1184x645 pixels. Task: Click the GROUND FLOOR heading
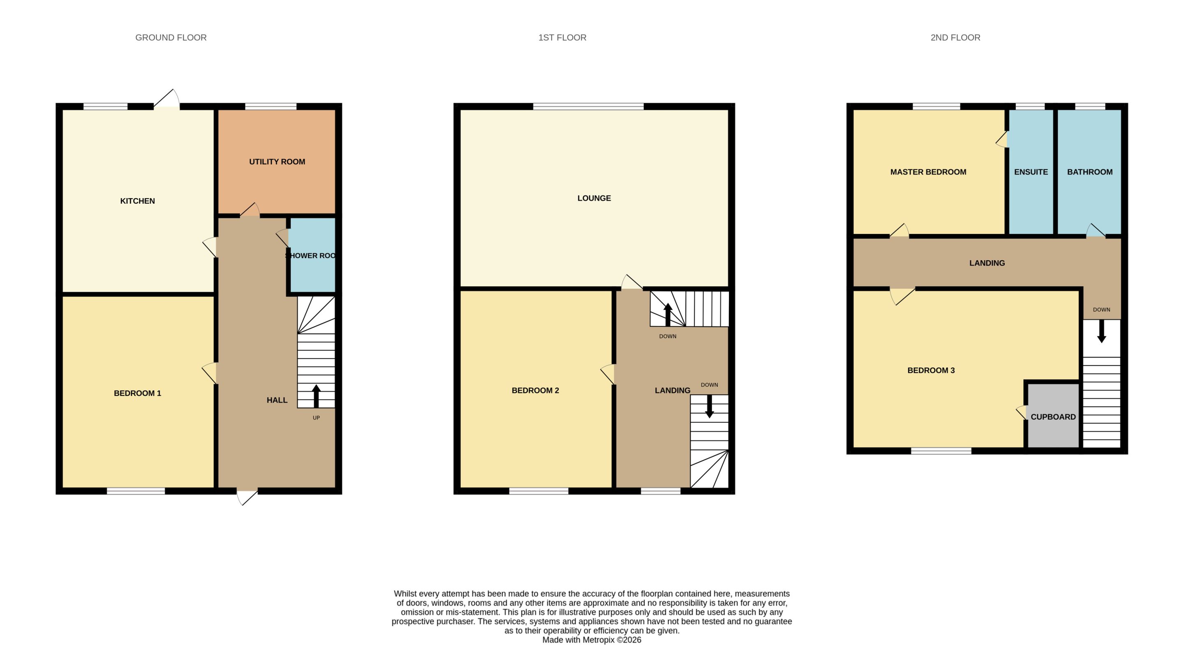tap(171, 38)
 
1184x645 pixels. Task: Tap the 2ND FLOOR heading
tap(955, 38)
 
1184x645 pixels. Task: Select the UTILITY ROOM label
tap(277, 162)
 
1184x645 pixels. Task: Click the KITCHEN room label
tap(137, 201)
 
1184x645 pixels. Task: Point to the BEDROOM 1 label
tap(137, 393)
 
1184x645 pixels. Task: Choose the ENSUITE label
tap(1031, 172)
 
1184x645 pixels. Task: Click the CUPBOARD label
tap(1053, 417)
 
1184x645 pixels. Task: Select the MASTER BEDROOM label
tap(928, 172)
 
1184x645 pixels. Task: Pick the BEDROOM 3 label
tap(931, 370)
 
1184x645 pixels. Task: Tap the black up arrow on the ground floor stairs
tap(316, 396)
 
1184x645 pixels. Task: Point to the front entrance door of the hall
tap(247, 497)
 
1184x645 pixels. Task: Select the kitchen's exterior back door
tap(166, 99)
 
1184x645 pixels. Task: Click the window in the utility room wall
tap(271, 106)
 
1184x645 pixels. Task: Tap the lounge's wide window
tap(588, 106)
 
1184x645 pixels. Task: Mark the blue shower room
tap(312, 255)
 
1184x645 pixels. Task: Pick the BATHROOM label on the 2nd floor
tap(1090, 172)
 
